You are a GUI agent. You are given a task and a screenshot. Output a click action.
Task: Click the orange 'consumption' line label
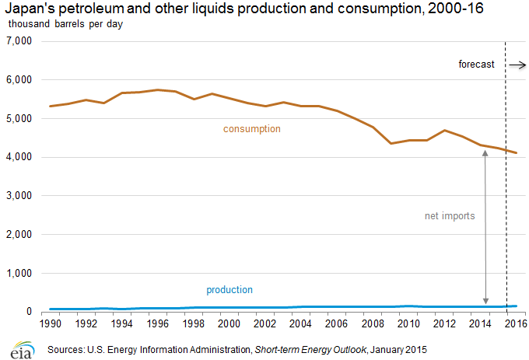coord(251,128)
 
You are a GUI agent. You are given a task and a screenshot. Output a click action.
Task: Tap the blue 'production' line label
coord(229,290)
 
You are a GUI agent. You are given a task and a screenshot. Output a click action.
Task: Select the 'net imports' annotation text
coord(450,215)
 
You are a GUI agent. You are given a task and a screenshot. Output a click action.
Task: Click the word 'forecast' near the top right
coord(476,65)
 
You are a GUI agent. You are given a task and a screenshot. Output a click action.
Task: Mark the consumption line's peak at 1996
coord(158,89)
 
